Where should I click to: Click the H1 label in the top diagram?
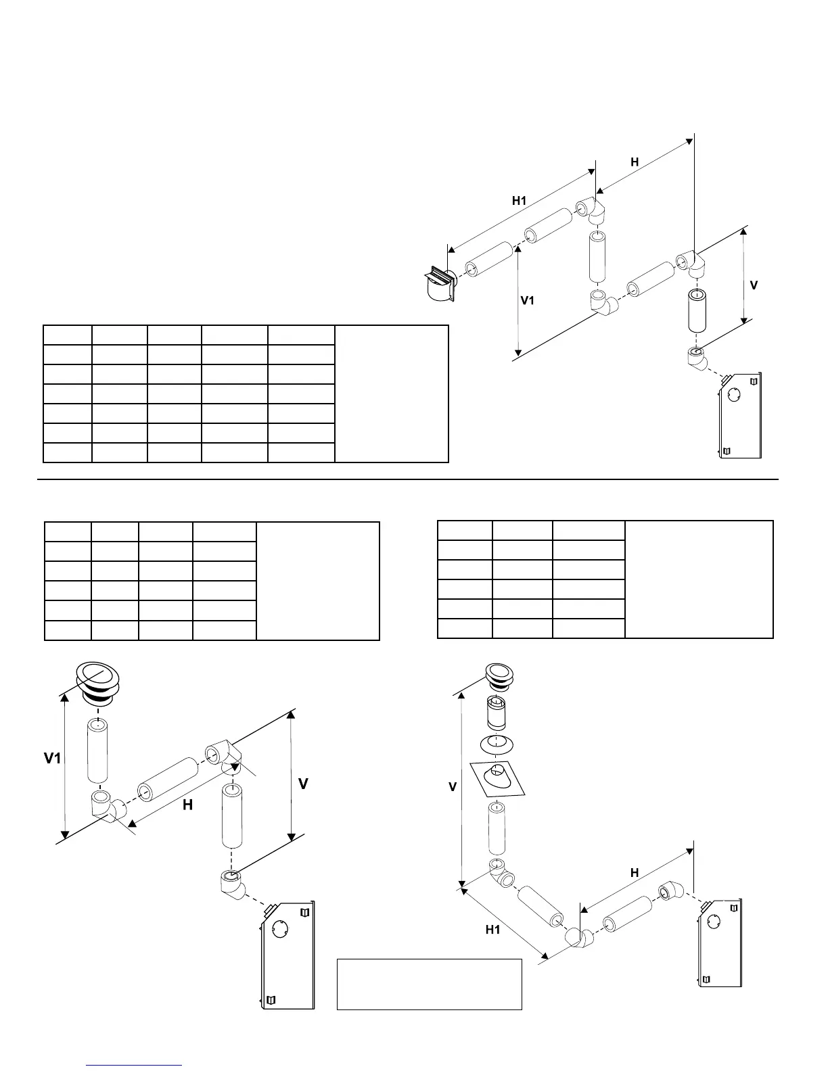tap(519, 201)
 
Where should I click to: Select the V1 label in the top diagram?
tap(527, 300)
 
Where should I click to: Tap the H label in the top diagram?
tap(635, 162)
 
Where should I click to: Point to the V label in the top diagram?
tap(754, 286)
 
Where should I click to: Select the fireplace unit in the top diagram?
tap(741, 416)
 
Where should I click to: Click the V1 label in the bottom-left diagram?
tap(53, 759)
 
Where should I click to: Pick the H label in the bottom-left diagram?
tap(187, 805)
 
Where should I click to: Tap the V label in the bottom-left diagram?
tap(304, 784)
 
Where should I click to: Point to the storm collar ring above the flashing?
tap(497, 743)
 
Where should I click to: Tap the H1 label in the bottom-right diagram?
tap(492, 930)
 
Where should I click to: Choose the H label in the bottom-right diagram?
tap(635, 873)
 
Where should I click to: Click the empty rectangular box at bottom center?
tap(429, 984)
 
